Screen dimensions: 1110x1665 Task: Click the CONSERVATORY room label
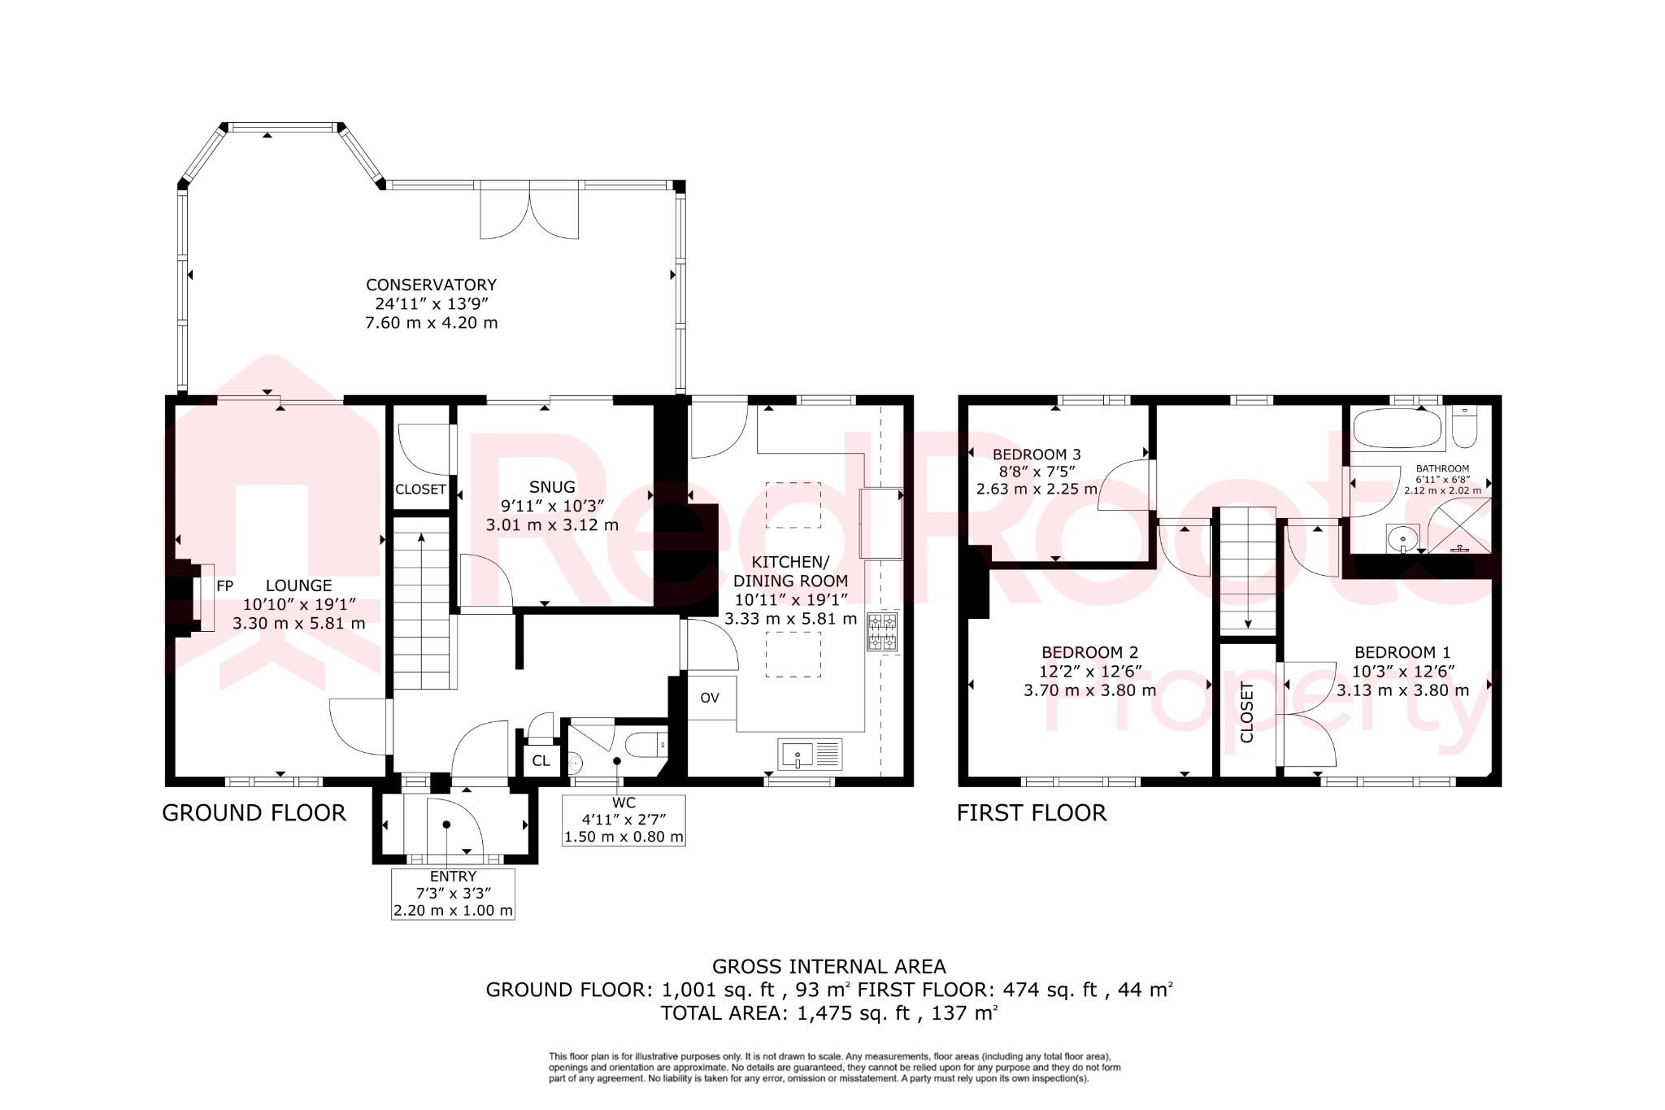(431, 285)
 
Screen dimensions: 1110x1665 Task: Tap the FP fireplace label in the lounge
(224, 585)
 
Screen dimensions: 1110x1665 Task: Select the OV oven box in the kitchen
(710, 698)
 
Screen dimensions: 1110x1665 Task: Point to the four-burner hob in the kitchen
(883, 633)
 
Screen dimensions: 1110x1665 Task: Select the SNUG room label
(552, 487)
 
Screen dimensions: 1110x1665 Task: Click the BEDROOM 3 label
(1037, 455)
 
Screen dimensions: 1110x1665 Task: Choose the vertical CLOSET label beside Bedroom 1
(1247, 713)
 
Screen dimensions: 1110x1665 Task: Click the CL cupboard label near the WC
(541, 761)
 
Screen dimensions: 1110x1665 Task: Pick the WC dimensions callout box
(624, 821)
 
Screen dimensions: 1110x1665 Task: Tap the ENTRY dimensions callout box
(453, 894)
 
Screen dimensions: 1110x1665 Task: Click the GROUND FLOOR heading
(254, 812)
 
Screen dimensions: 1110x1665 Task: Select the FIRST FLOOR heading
(1031, 812)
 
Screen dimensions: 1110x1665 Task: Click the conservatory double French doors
(529, 211)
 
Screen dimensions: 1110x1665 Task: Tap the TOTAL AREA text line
(828, 1013)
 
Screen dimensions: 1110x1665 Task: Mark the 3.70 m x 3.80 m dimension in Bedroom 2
(1089, 690)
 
